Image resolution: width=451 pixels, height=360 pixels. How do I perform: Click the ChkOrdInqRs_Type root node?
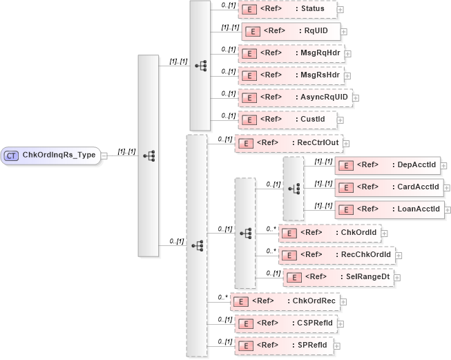52,155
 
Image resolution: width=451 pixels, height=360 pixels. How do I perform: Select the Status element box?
287,10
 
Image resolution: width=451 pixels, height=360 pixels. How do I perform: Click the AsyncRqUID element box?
295,97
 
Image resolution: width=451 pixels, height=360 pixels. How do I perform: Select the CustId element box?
287,120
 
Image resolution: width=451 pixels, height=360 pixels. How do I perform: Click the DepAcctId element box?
387,165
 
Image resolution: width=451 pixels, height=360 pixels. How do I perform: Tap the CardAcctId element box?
387,187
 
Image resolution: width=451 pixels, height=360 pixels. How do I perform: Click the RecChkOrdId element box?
336,255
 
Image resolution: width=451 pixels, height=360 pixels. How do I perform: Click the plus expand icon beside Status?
340,10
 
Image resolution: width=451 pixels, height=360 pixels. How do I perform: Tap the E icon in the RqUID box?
253,32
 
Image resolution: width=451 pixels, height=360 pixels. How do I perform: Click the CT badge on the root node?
12,155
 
